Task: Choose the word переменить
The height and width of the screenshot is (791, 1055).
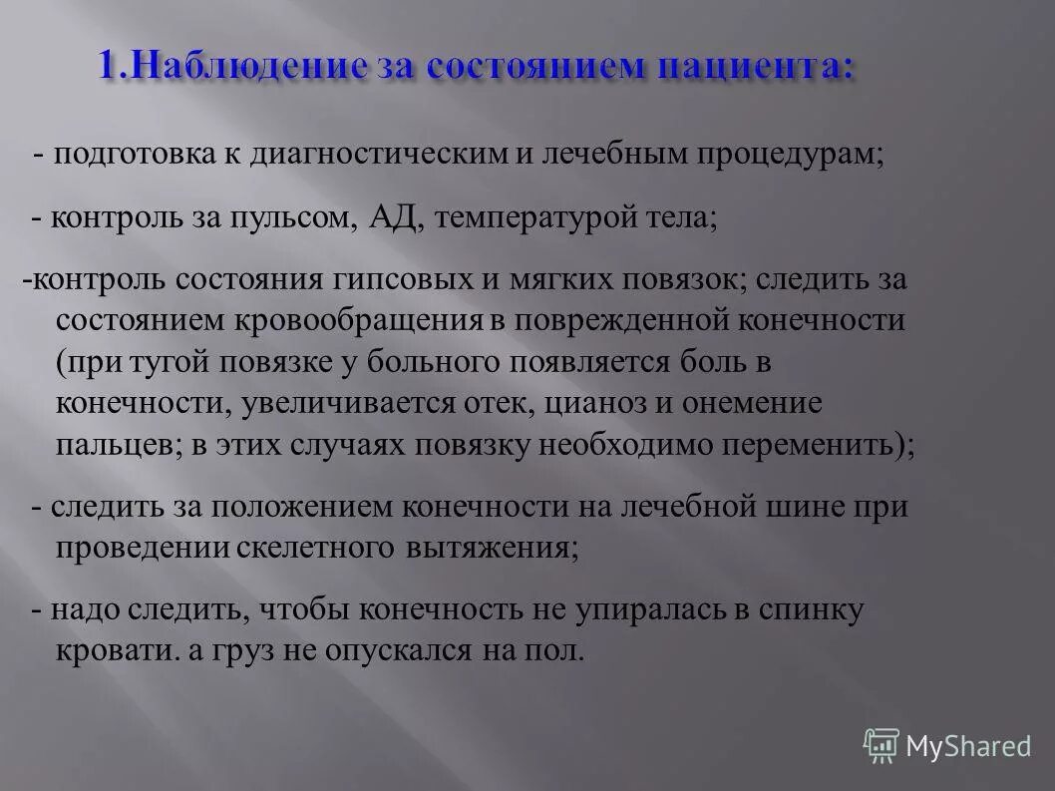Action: [807, 446]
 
